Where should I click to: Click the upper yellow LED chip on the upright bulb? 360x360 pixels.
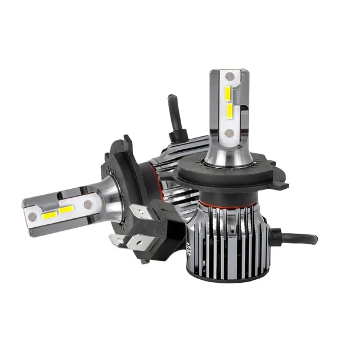tap(227, 92)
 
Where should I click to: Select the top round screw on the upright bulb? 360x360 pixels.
tap(227, 76)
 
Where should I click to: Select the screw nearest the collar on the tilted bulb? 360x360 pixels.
tap(87, 204)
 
